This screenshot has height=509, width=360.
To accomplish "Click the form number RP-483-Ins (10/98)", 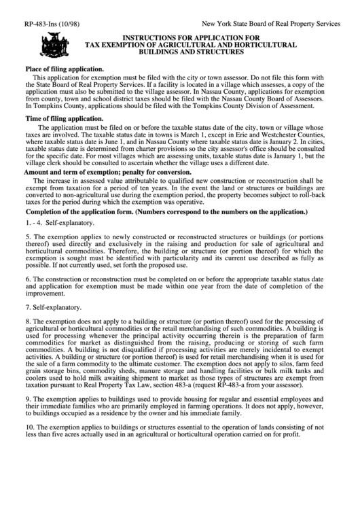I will click(52, 23).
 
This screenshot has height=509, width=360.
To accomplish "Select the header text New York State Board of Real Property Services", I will click(271, 23).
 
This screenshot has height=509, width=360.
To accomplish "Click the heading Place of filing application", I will click(65, 69).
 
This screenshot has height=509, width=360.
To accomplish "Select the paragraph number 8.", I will click(28, 338).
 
